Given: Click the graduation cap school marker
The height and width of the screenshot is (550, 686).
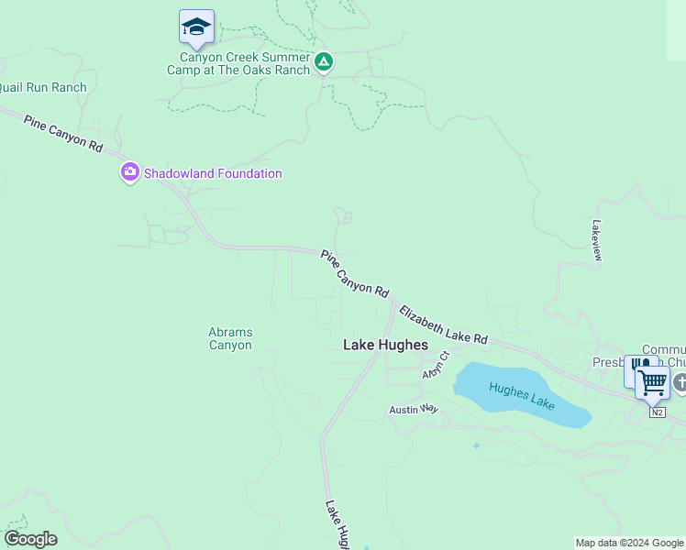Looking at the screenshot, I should (x=196, y=27).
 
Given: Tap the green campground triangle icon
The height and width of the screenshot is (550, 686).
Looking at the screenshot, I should (x=323, y=62).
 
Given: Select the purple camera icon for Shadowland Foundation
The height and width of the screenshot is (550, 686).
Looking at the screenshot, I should (x=129, y=172).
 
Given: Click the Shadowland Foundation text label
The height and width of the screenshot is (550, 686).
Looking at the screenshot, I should (x=212, y=173).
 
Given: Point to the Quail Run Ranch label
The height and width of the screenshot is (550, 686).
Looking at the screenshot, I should (x=42, y=88).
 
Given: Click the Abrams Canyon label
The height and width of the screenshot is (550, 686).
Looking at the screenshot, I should (x=230, y=339).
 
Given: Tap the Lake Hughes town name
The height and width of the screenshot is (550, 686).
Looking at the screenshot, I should (x=385, y=346).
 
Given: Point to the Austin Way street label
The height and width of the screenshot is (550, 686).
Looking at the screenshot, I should (x=414, y=410).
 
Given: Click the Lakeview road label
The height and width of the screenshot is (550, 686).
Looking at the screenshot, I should (x=597, y=240).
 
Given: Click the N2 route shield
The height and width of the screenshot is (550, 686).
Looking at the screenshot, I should (x=658, y=412).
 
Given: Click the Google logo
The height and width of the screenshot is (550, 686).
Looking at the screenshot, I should (x=30, y=539).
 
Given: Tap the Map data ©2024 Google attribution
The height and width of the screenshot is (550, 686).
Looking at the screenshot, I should (x=630, y=543).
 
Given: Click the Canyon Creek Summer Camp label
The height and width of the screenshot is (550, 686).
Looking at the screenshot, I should (x=238, y=63).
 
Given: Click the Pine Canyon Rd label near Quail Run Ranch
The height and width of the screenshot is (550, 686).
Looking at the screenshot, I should (x=63, y=134).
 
